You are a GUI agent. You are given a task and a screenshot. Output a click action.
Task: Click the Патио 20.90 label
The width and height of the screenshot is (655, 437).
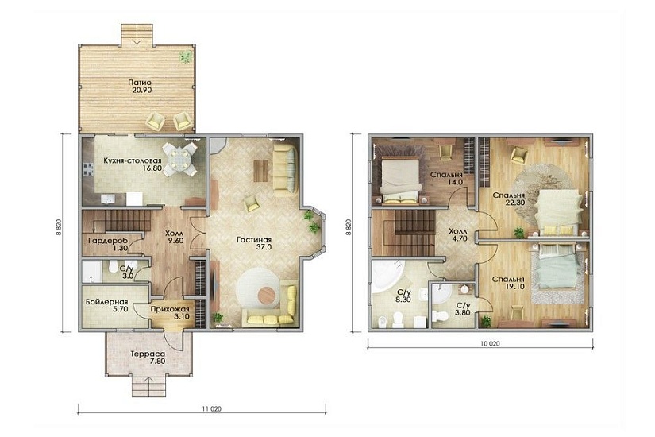(x=140, y=86)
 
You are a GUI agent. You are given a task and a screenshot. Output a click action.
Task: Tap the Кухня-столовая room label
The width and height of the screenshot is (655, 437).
(x=132, y=164)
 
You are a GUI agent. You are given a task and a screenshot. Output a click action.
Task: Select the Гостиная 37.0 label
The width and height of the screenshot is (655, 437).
(x=254, y=243)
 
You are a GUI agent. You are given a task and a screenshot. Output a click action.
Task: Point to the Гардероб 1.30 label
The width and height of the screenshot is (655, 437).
(x=108, y=244)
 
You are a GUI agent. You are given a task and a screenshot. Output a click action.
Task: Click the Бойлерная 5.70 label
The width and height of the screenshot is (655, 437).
(x=106, y=306)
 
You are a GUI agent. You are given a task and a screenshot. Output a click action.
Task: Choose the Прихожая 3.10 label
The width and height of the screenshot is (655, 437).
(x=170, y=313)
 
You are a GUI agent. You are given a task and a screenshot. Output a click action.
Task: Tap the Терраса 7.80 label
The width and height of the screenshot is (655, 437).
(x=148, y=358)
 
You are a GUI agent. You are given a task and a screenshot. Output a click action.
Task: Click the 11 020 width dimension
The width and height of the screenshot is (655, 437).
(x=211, y=409)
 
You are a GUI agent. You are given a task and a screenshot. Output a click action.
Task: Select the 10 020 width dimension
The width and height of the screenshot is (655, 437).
(x=490, y=344)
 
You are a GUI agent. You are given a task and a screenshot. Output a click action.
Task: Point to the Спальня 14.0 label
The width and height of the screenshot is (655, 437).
(x=446, y=179)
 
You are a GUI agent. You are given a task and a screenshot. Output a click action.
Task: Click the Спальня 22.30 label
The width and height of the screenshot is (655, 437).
(x=508, y=199)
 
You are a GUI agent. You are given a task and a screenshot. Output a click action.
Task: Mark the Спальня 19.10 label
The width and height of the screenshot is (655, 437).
(x=508, y=283)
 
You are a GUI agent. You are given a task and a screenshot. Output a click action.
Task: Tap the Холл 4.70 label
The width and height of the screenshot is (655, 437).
(x=458, y=235)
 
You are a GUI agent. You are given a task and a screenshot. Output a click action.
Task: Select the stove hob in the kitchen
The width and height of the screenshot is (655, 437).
(x=88, y=169)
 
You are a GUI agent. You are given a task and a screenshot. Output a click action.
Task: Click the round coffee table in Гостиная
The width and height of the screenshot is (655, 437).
(x=267, y=295)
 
